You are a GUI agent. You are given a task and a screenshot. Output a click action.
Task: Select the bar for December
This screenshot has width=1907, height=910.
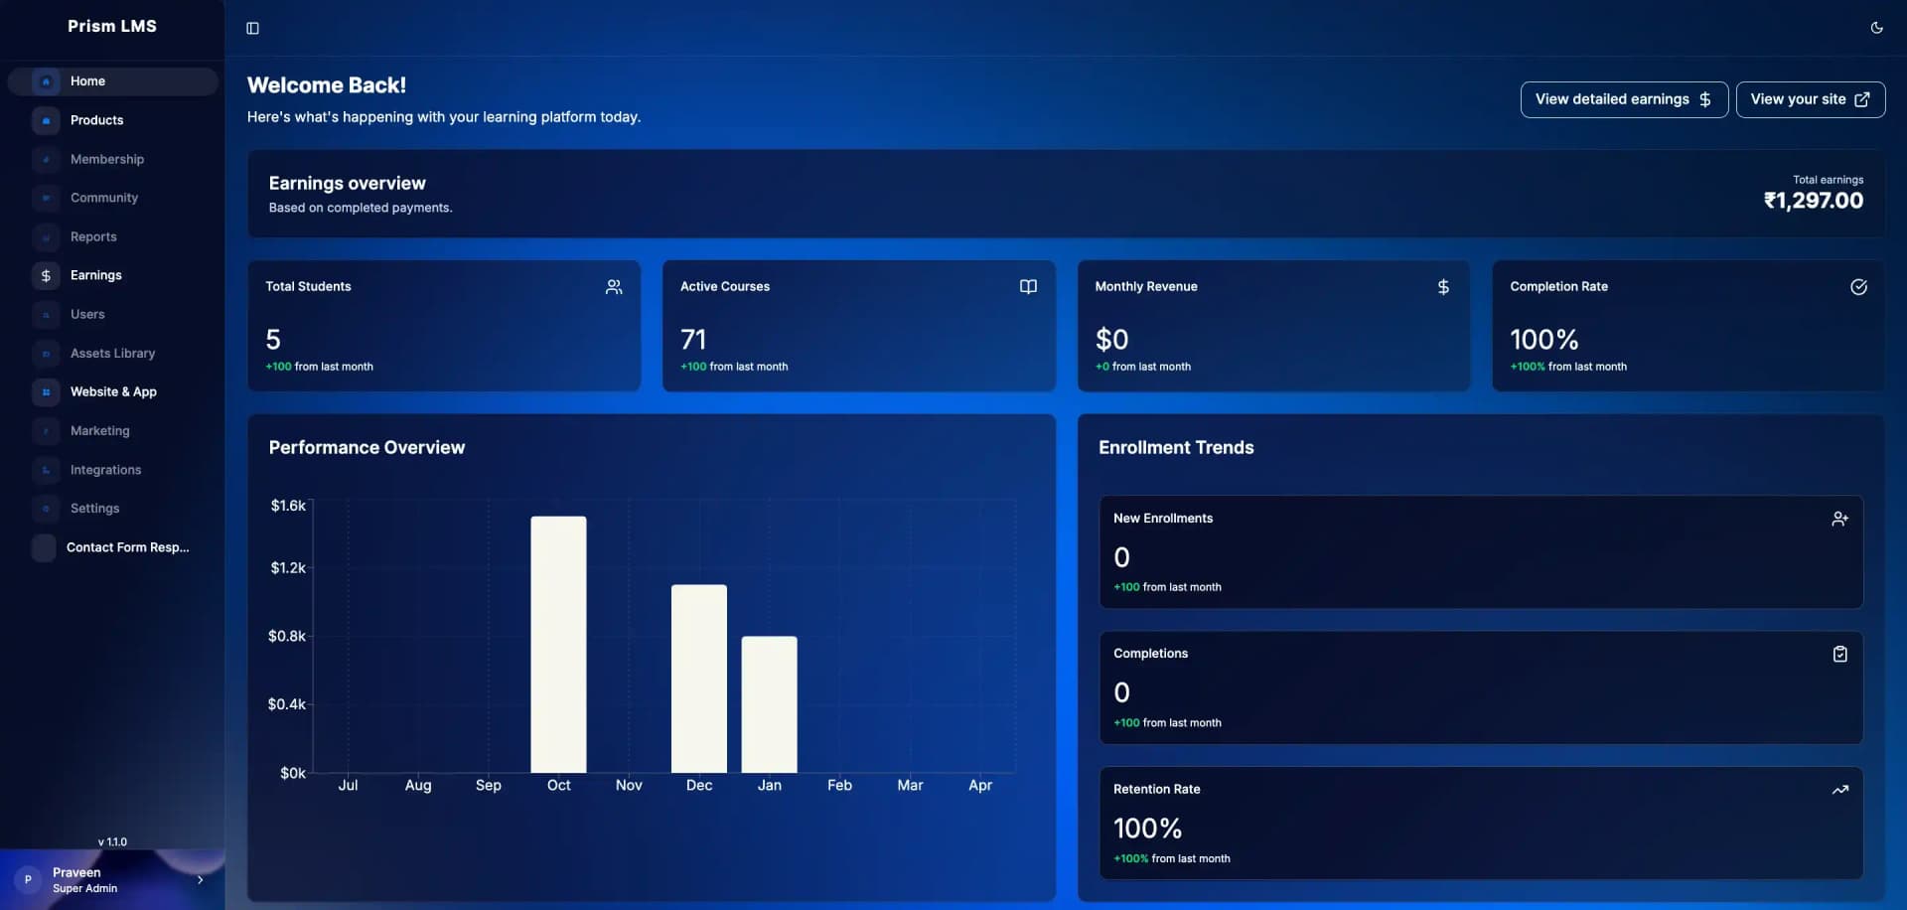pos(698,679)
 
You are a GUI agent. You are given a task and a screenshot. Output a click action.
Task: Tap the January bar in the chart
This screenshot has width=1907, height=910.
pos(769,704)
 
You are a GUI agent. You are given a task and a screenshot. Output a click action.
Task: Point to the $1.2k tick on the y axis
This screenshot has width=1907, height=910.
pos(288,568)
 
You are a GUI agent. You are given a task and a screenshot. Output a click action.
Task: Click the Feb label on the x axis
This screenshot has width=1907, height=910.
pos(839,785)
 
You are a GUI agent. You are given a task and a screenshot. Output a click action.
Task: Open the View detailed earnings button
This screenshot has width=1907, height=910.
pos(1623,99)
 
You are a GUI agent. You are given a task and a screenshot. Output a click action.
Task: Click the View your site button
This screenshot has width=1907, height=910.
pos(1810,99)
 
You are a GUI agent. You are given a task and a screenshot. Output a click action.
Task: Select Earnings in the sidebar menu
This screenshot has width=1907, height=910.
pos(96,275)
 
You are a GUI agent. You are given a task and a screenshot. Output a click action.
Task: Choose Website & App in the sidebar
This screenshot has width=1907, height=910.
pos(113,391)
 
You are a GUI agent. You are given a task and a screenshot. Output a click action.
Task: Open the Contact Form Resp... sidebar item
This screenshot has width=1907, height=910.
pos(127,547)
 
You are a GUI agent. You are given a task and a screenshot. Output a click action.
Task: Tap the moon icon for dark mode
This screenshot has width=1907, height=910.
pos(1876,28)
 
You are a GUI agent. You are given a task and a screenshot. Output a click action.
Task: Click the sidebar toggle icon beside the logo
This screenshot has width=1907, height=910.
pos(252,28)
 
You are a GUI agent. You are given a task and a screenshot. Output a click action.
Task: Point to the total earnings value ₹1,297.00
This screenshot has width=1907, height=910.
pos(1813,201)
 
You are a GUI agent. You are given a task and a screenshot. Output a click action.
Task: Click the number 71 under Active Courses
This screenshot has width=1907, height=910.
pos(693,340)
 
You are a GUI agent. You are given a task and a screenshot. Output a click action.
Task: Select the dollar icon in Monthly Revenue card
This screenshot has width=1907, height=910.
pos(1443,287)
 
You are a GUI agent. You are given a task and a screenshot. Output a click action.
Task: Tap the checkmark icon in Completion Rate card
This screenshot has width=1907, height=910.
pos(1858,287)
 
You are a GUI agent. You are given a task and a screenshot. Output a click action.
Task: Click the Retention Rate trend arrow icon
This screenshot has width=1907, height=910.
pos(1839,790)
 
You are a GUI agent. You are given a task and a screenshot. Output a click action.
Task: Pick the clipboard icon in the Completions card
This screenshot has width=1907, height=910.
pos(1839,654)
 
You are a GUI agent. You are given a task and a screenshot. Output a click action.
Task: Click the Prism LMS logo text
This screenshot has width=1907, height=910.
pos(112,26)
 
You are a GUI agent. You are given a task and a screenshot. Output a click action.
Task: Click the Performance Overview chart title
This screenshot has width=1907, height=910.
pos(367,448)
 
